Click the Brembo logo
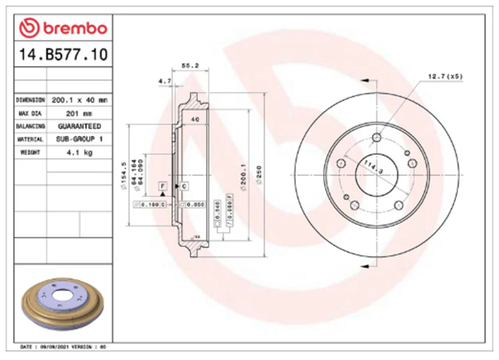(x=63, y=28)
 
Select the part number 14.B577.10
(x=63, y=55)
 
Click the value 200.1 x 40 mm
(x=79, y=100)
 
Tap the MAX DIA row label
(x=30, y=113)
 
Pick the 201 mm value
(x=79, y=113)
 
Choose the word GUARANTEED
(x=79, y=126)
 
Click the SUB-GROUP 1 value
(x=79, y=139)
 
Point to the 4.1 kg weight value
(x=79, y=152)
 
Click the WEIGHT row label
(x=30, y=152)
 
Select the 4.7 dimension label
(x=165, y=82)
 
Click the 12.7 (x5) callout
(x=445, y=77)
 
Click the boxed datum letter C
(x=184, y=185)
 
